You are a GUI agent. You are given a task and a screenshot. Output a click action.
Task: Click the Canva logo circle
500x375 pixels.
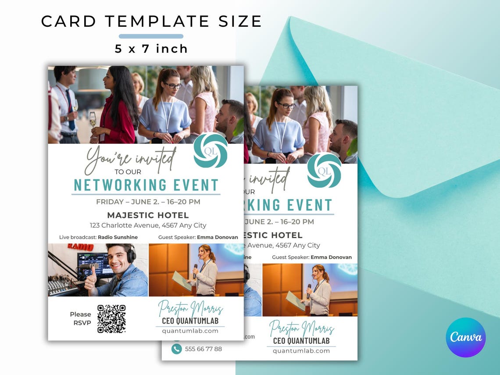click(465, 337)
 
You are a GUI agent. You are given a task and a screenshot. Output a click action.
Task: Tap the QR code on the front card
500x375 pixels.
click(111, 319)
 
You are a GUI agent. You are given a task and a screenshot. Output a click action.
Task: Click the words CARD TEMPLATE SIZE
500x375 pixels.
click(151, 21)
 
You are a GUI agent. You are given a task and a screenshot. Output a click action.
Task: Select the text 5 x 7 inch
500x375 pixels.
click(151, 49)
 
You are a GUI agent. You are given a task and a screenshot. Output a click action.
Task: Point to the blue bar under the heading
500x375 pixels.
click(151, 36)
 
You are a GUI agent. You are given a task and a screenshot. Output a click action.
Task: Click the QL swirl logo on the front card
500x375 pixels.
click(211, 150)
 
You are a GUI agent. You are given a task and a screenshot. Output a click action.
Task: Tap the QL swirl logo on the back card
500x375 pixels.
click(324, 170)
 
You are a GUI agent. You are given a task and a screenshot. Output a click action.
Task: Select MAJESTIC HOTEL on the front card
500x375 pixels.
click(148, 215)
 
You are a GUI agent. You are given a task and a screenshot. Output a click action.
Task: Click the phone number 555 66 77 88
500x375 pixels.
click(204, 349)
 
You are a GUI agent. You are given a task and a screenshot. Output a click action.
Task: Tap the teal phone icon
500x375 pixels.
click(176, 349)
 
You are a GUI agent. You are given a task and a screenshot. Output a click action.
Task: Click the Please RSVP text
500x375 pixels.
click(81, 318)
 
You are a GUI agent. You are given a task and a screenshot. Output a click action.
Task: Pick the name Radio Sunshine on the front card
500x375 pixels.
click(118, 237)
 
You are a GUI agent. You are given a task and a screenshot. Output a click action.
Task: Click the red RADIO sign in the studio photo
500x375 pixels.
click(80, 247)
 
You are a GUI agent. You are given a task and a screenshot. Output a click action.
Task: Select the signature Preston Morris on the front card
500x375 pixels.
click(190, 308)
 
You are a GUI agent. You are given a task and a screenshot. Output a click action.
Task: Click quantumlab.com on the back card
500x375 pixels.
click(301, 351)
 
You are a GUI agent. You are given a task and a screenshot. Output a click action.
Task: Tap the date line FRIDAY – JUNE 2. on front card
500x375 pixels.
click(148, 202)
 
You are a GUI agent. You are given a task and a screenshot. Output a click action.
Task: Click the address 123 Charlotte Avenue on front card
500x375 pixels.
click(148, 225)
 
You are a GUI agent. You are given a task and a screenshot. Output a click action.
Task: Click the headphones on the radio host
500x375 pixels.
click(131, 253)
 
